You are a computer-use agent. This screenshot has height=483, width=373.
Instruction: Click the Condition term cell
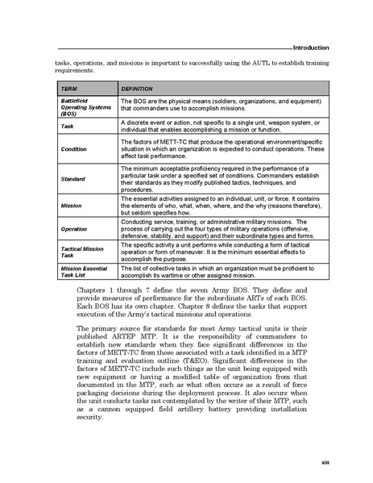pyautogui.click(x=73, y=148)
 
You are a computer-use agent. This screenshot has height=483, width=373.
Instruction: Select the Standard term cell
pyautogui.click(x=73, y=177)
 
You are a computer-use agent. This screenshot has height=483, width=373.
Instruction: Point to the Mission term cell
pyautogui.click(x=71, y=206)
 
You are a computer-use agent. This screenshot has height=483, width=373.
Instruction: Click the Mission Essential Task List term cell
pyautogui.click(x=82, y=272)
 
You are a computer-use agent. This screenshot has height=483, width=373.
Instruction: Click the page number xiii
pyautogui.click(x=324, y=461)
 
